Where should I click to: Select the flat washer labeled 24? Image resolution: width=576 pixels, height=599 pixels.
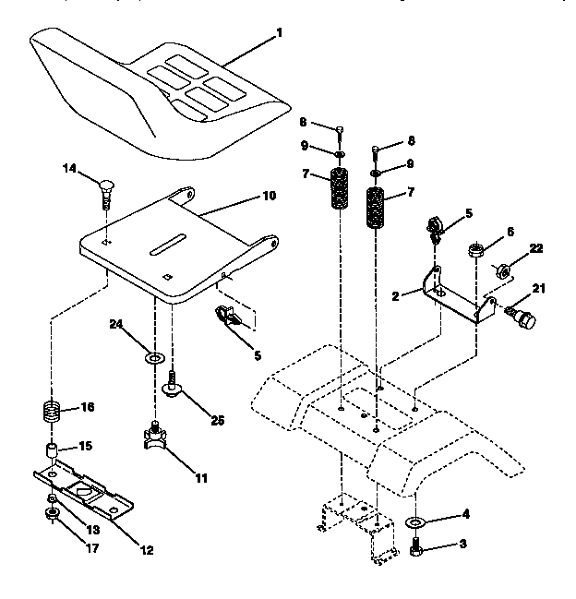click(155, 353)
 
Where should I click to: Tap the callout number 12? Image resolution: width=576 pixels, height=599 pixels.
click(148, 551)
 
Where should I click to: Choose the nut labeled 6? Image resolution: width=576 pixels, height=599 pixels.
click(476, 250)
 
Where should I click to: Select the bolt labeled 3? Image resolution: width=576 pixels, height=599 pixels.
click(416, 551)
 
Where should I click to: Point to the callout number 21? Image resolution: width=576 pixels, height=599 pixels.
click(539, 289)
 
